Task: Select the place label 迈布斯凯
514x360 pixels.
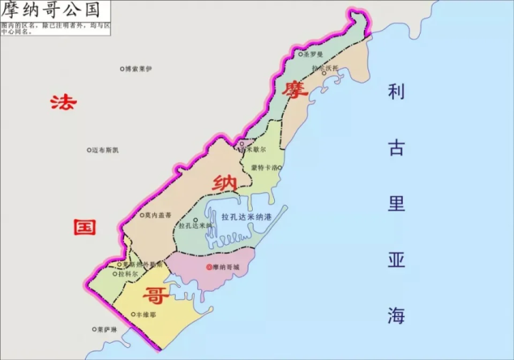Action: point(106,150)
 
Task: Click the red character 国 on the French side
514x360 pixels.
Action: point(85,227)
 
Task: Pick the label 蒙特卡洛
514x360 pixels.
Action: point(263,168)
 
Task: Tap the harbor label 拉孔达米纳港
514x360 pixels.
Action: point(246,216)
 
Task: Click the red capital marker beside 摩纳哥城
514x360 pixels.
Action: point(208,267)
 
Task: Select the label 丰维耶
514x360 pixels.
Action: point(146,314)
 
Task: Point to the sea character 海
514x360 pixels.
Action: point(396,315)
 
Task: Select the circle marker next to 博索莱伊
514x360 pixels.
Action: point(121,69)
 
